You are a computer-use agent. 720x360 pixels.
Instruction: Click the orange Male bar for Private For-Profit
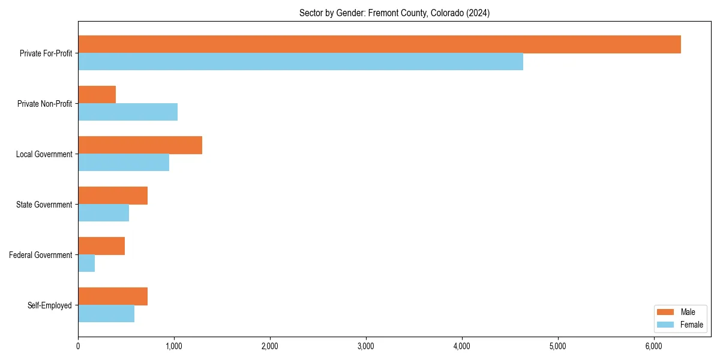(379, 44)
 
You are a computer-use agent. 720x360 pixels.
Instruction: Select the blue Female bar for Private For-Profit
(300, 62)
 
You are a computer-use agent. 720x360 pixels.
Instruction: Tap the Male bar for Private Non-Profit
(97, 95)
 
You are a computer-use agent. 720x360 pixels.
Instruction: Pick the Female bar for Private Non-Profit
(128, 112)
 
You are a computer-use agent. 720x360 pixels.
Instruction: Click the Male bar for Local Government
(140, 145)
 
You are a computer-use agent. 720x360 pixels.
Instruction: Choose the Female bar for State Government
(103, 213)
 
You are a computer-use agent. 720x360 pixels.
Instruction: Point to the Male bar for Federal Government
(101, 246)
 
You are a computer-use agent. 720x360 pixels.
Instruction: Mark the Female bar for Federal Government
(86, 263)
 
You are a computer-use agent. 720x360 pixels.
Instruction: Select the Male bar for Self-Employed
(113, 296)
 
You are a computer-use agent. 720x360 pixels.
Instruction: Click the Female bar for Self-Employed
(106, 314)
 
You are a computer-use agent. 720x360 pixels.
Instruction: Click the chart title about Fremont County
(394, 13)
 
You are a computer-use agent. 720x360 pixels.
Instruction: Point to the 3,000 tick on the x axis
(366, 346)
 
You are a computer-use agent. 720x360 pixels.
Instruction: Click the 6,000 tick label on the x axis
(653, 346)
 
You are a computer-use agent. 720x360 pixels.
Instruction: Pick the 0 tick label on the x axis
(78, 346)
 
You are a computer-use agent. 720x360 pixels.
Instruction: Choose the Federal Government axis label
(41, 255)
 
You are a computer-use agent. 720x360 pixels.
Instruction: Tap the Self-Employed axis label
(50, 305)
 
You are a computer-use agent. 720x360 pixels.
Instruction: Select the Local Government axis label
(44, 154)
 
